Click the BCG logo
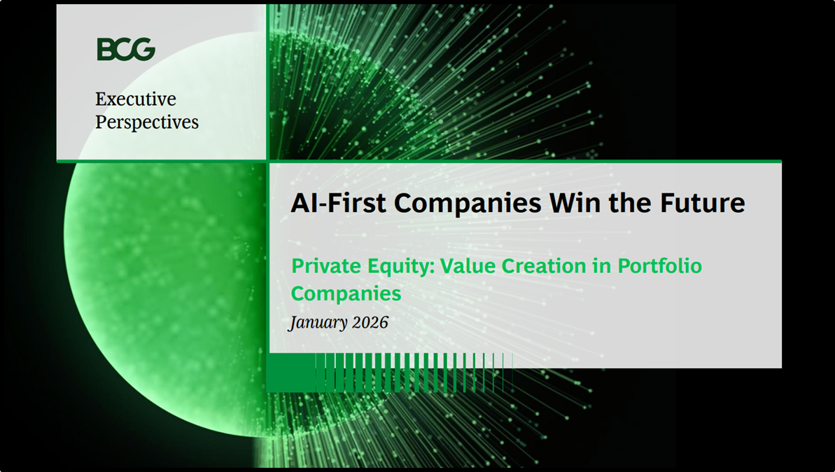[126, 50]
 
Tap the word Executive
[136, 99]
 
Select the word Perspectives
[147, 122]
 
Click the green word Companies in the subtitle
[346, 293]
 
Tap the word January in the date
[318, 323]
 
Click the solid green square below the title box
[290, 373]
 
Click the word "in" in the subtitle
[601, 266]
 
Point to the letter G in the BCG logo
[145, 50]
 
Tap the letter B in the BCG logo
[106, 50]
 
